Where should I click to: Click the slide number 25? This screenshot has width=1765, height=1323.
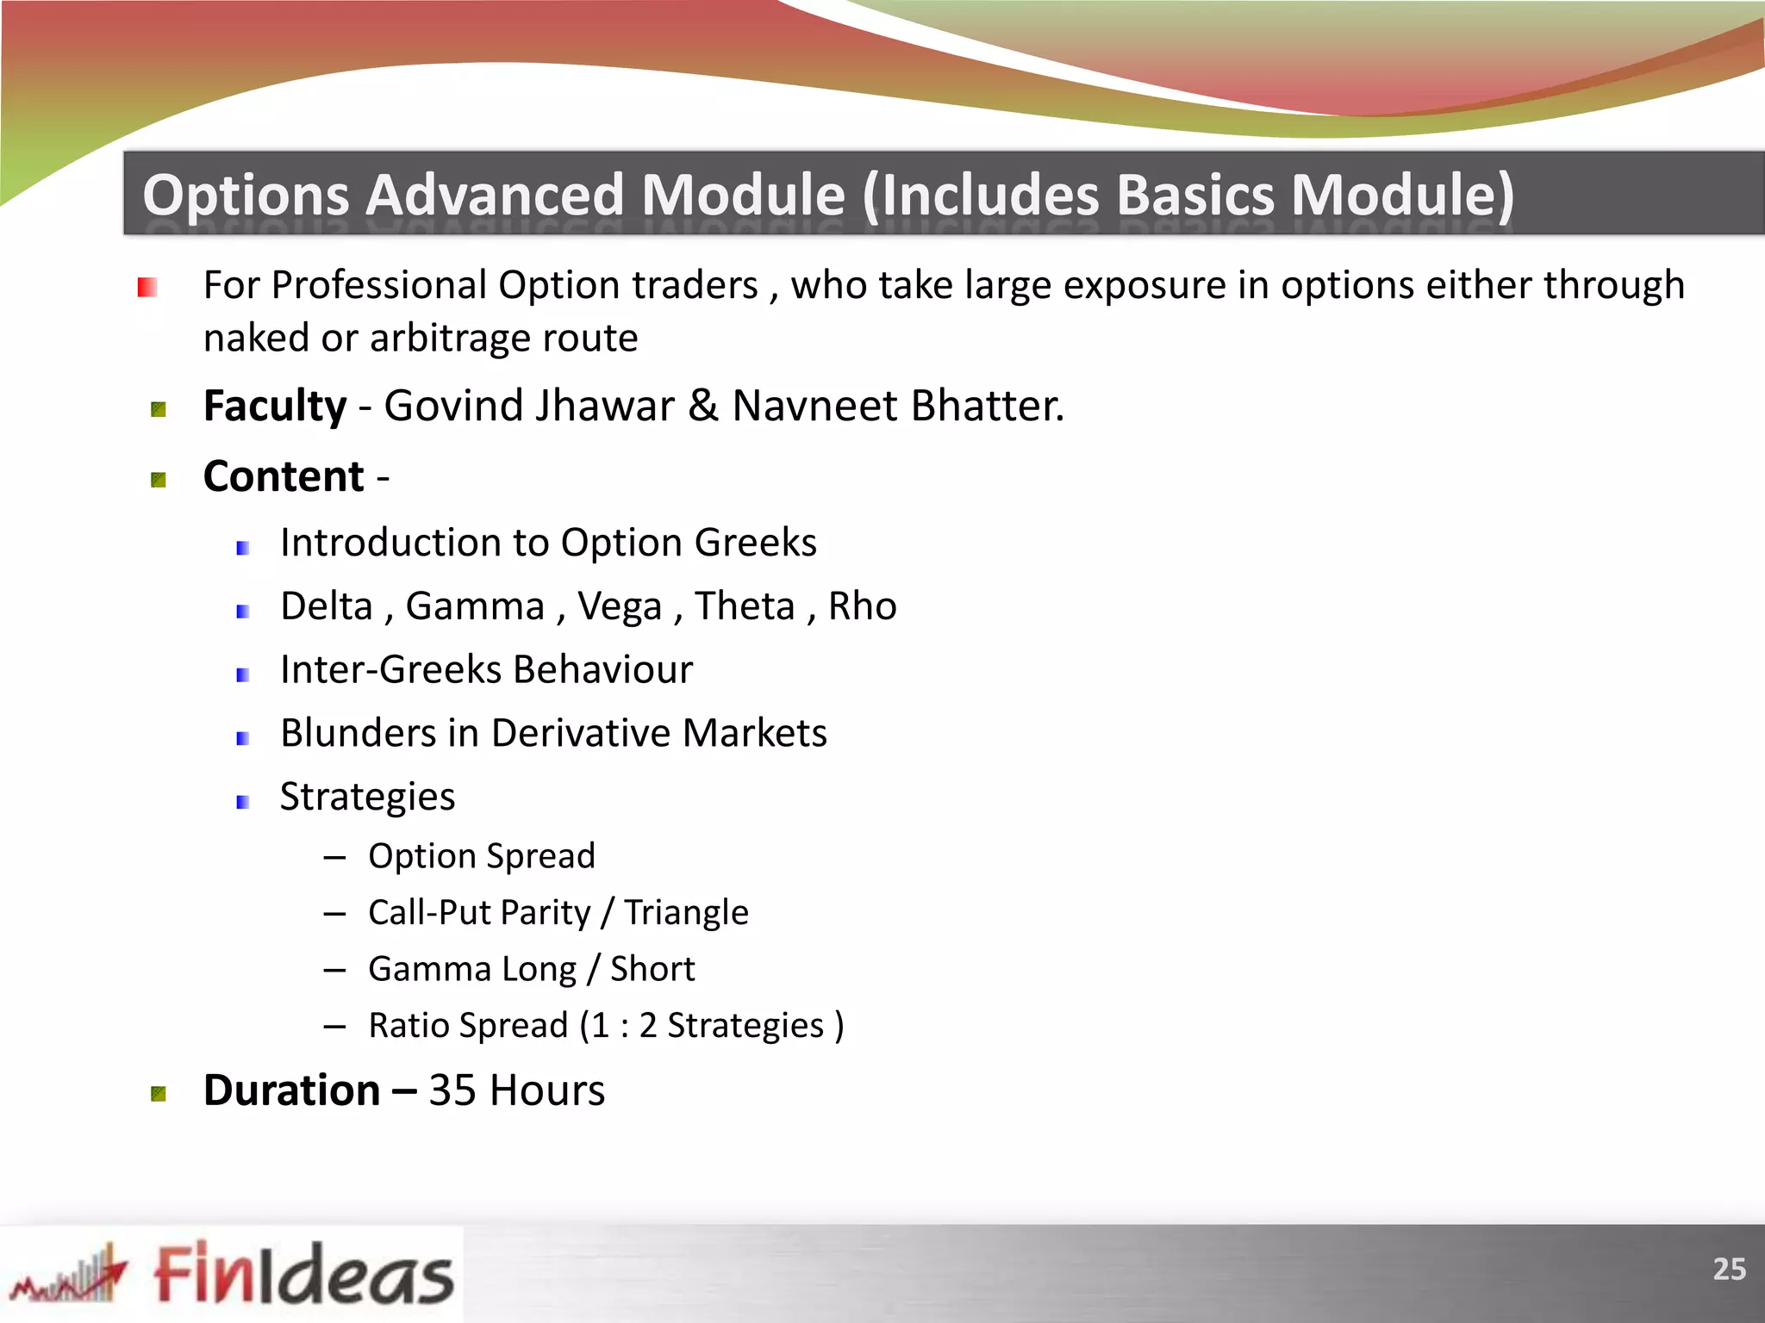1728,1269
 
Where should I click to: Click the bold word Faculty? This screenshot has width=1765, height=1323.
275,406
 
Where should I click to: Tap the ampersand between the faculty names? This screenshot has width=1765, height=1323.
703,406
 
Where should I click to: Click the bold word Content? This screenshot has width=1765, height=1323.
284,476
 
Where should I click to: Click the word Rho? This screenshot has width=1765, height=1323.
862,606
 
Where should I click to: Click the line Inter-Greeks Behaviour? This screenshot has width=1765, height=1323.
486,670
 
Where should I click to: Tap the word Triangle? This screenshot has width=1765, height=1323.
686,912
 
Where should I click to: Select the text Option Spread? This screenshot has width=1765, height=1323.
481,856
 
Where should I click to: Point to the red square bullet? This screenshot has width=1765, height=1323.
147,287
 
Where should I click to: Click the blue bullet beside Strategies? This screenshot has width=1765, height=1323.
243,802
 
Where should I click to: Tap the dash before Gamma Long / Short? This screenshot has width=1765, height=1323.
334,970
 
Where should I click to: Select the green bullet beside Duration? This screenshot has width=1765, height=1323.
159,1094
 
